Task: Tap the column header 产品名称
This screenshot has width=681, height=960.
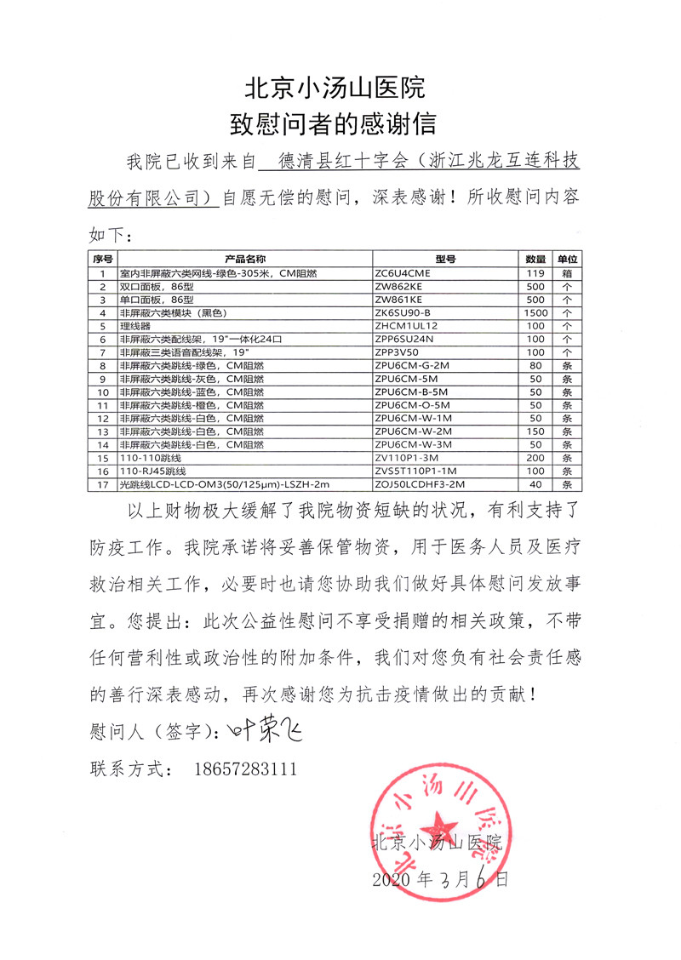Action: (245, 259)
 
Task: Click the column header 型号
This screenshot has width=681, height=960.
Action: (445, 259)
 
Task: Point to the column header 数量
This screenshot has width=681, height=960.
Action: (535, 259)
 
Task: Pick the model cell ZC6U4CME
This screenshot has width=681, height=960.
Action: (403, 273)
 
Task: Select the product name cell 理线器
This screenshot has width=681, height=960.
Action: (134, 325)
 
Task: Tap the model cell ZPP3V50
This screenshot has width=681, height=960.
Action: (398, 351)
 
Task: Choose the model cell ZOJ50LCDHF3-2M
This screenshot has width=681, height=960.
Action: (420, 483)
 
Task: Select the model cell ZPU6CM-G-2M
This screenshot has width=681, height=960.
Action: (410, 365)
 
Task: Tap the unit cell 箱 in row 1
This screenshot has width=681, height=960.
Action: (567, 273)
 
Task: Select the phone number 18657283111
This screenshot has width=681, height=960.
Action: (247, 769)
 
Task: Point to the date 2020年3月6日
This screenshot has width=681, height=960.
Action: (441, 879)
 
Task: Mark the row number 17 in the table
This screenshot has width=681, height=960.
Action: (102, 483)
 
